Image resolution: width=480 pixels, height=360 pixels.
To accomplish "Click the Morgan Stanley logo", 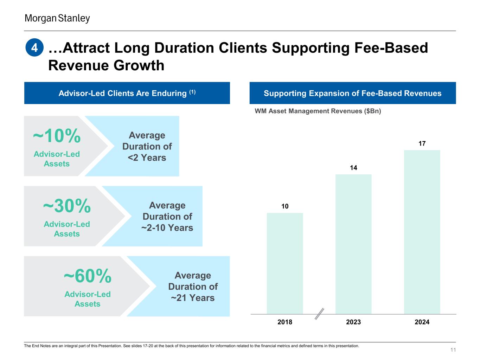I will [x=57, y=18].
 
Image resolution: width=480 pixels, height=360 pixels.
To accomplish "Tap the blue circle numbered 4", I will [x=34, y=48].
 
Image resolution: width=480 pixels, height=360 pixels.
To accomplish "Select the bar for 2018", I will [x=285, y=263].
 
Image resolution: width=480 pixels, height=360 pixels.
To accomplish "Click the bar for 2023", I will [x=353, y=244].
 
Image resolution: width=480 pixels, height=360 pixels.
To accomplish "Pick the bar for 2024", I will [x=422, y=232].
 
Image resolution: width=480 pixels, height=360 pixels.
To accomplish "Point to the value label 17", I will [x=422, y=143].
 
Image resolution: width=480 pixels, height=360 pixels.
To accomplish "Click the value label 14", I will [x=353, y=168].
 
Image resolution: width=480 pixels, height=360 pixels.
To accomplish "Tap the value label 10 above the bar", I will [x=285, y=206].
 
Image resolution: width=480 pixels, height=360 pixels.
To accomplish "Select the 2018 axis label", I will [x=285, y=322].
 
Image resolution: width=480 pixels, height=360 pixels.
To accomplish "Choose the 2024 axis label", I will [x=422, y=322].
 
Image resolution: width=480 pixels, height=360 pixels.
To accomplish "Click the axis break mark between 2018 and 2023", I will [x=319, y=314].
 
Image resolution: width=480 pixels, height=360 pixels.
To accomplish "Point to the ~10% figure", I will [x=57, y=136].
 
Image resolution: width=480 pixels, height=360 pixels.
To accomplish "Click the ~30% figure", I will [x=67, y=206].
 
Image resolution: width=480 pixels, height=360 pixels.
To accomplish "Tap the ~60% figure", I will [x=88, y=276].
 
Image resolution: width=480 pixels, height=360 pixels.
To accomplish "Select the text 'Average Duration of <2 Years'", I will [x=147, y=146].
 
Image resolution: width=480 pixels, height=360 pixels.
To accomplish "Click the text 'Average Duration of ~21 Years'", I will [x=193, y=287].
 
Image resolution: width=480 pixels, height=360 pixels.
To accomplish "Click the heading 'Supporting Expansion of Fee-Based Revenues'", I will [x=352, y=93].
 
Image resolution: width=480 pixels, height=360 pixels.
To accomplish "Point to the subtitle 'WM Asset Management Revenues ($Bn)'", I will [x=318, y=111].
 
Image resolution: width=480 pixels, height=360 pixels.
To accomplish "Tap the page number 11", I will [x=453, y=350].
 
